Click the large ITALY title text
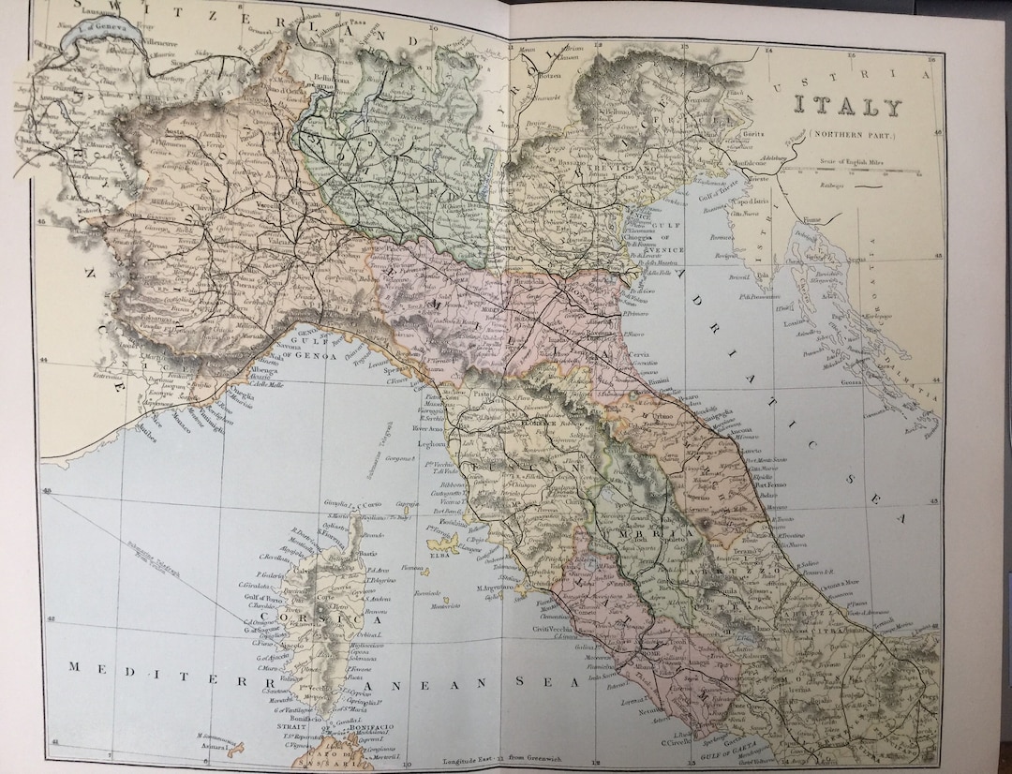[849, 107]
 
